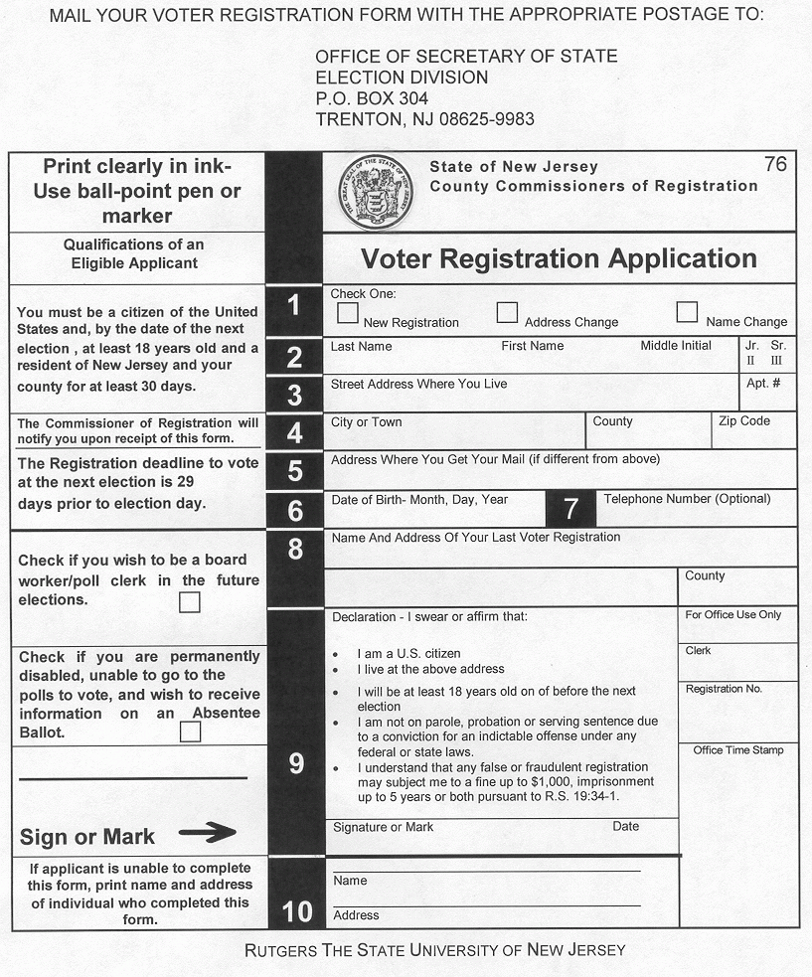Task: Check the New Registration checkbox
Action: click(348, 313)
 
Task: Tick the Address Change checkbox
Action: click(508, 312)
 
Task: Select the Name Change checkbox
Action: click(687, 312)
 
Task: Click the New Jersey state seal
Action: click(376, 192)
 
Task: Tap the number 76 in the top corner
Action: click(775, 164)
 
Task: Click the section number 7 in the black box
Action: click(570, 509)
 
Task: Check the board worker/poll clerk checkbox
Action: click(189, 602)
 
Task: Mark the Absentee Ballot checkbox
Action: click(190, 733)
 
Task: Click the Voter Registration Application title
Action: click(559, 258)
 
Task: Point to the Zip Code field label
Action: click(744, 421)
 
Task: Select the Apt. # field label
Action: click(763, 383)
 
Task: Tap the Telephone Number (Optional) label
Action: click(687, 499)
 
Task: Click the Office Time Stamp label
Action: click(738, 750)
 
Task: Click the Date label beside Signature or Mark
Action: click(626, 827)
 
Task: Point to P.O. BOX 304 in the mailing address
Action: click(372, 98)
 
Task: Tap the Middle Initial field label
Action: click(676, 346)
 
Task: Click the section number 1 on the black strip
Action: click(294, 306)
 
